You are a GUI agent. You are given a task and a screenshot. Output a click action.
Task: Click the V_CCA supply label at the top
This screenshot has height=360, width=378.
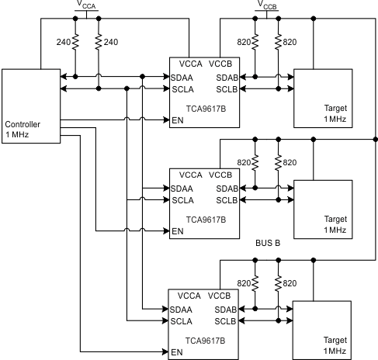(x=87, y=5)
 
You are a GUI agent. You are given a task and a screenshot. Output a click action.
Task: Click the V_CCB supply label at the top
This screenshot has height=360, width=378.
(x=267, y=5)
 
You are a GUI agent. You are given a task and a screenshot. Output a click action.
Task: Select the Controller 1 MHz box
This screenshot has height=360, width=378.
(x=31, y=105)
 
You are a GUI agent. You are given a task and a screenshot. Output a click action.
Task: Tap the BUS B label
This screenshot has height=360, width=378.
(x=268, y=243)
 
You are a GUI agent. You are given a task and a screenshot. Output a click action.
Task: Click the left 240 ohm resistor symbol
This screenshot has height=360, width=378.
(x=75, y=42)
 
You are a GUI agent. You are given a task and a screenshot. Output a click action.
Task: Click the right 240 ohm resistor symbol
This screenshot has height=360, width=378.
(x=99, y=42)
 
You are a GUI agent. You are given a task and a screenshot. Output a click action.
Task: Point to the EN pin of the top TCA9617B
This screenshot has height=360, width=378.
(x=178, y=120)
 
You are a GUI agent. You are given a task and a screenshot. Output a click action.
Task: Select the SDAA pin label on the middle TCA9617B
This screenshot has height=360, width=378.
(x=182, y=189)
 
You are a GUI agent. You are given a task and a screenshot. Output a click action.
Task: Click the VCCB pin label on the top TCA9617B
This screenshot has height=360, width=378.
(x=222, y=64)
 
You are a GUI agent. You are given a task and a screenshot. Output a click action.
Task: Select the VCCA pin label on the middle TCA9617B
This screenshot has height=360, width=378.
(x=189, y=175)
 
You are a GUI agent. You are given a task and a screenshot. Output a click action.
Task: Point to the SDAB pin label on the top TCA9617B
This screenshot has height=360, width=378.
(x=224, y=77)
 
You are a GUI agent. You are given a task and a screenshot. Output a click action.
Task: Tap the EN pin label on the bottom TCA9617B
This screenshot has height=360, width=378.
(x=178, y=352)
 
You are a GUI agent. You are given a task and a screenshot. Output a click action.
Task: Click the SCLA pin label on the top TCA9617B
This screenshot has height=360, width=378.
(x=182, y=89)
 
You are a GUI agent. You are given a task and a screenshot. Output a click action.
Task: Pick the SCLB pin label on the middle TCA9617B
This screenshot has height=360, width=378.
(x=224, y=201)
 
